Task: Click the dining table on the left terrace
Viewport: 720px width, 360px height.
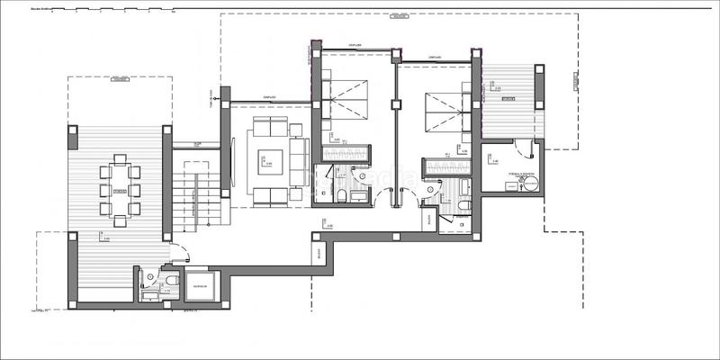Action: pyautogui.click(x=119, y=187)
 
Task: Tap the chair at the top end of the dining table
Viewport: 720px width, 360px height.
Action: pyautogui.click(x=119, y=160)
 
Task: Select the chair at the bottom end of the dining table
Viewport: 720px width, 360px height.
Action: pyautogui.click(x=119, y=215)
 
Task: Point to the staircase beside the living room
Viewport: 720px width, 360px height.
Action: pyautogui.click(x=192, y=193)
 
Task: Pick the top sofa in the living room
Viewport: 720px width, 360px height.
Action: pyautogui.click(x=269, y=126)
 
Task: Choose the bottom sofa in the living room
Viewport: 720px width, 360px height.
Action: pyautogui.click(x=269, y=196)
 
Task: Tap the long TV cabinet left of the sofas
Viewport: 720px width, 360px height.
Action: pyautogui.click(x=233, y=162)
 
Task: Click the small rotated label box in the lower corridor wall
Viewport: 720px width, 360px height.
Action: pyautogui.click(x=319, y=255)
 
